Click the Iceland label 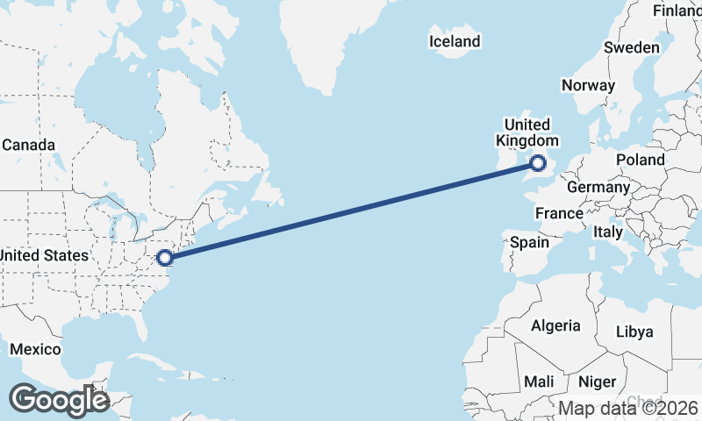click(x=455, y=41)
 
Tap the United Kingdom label click(x=526, y=132)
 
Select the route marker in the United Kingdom click(x=538, y=162)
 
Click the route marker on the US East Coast click(x=164, y=257)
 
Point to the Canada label click(x=28, y=145)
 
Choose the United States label click(x=44, y=255)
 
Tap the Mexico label click(x=35, y=349)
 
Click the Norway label click(x=587, y=85)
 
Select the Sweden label click(x=632, y=47)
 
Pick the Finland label click(x=677, y=11)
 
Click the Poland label click(x=641, y=160)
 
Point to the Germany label click(x=598, y=187)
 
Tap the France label click(x=559, y=213)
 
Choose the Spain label click(x=529, y=242)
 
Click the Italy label click(x=607, y=232)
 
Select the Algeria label click(x=555, y=325)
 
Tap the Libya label click(x=634, y=332)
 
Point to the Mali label click(x=538, y=382)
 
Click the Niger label click(x=597, y=382)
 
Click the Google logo click(x=59, y=400)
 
